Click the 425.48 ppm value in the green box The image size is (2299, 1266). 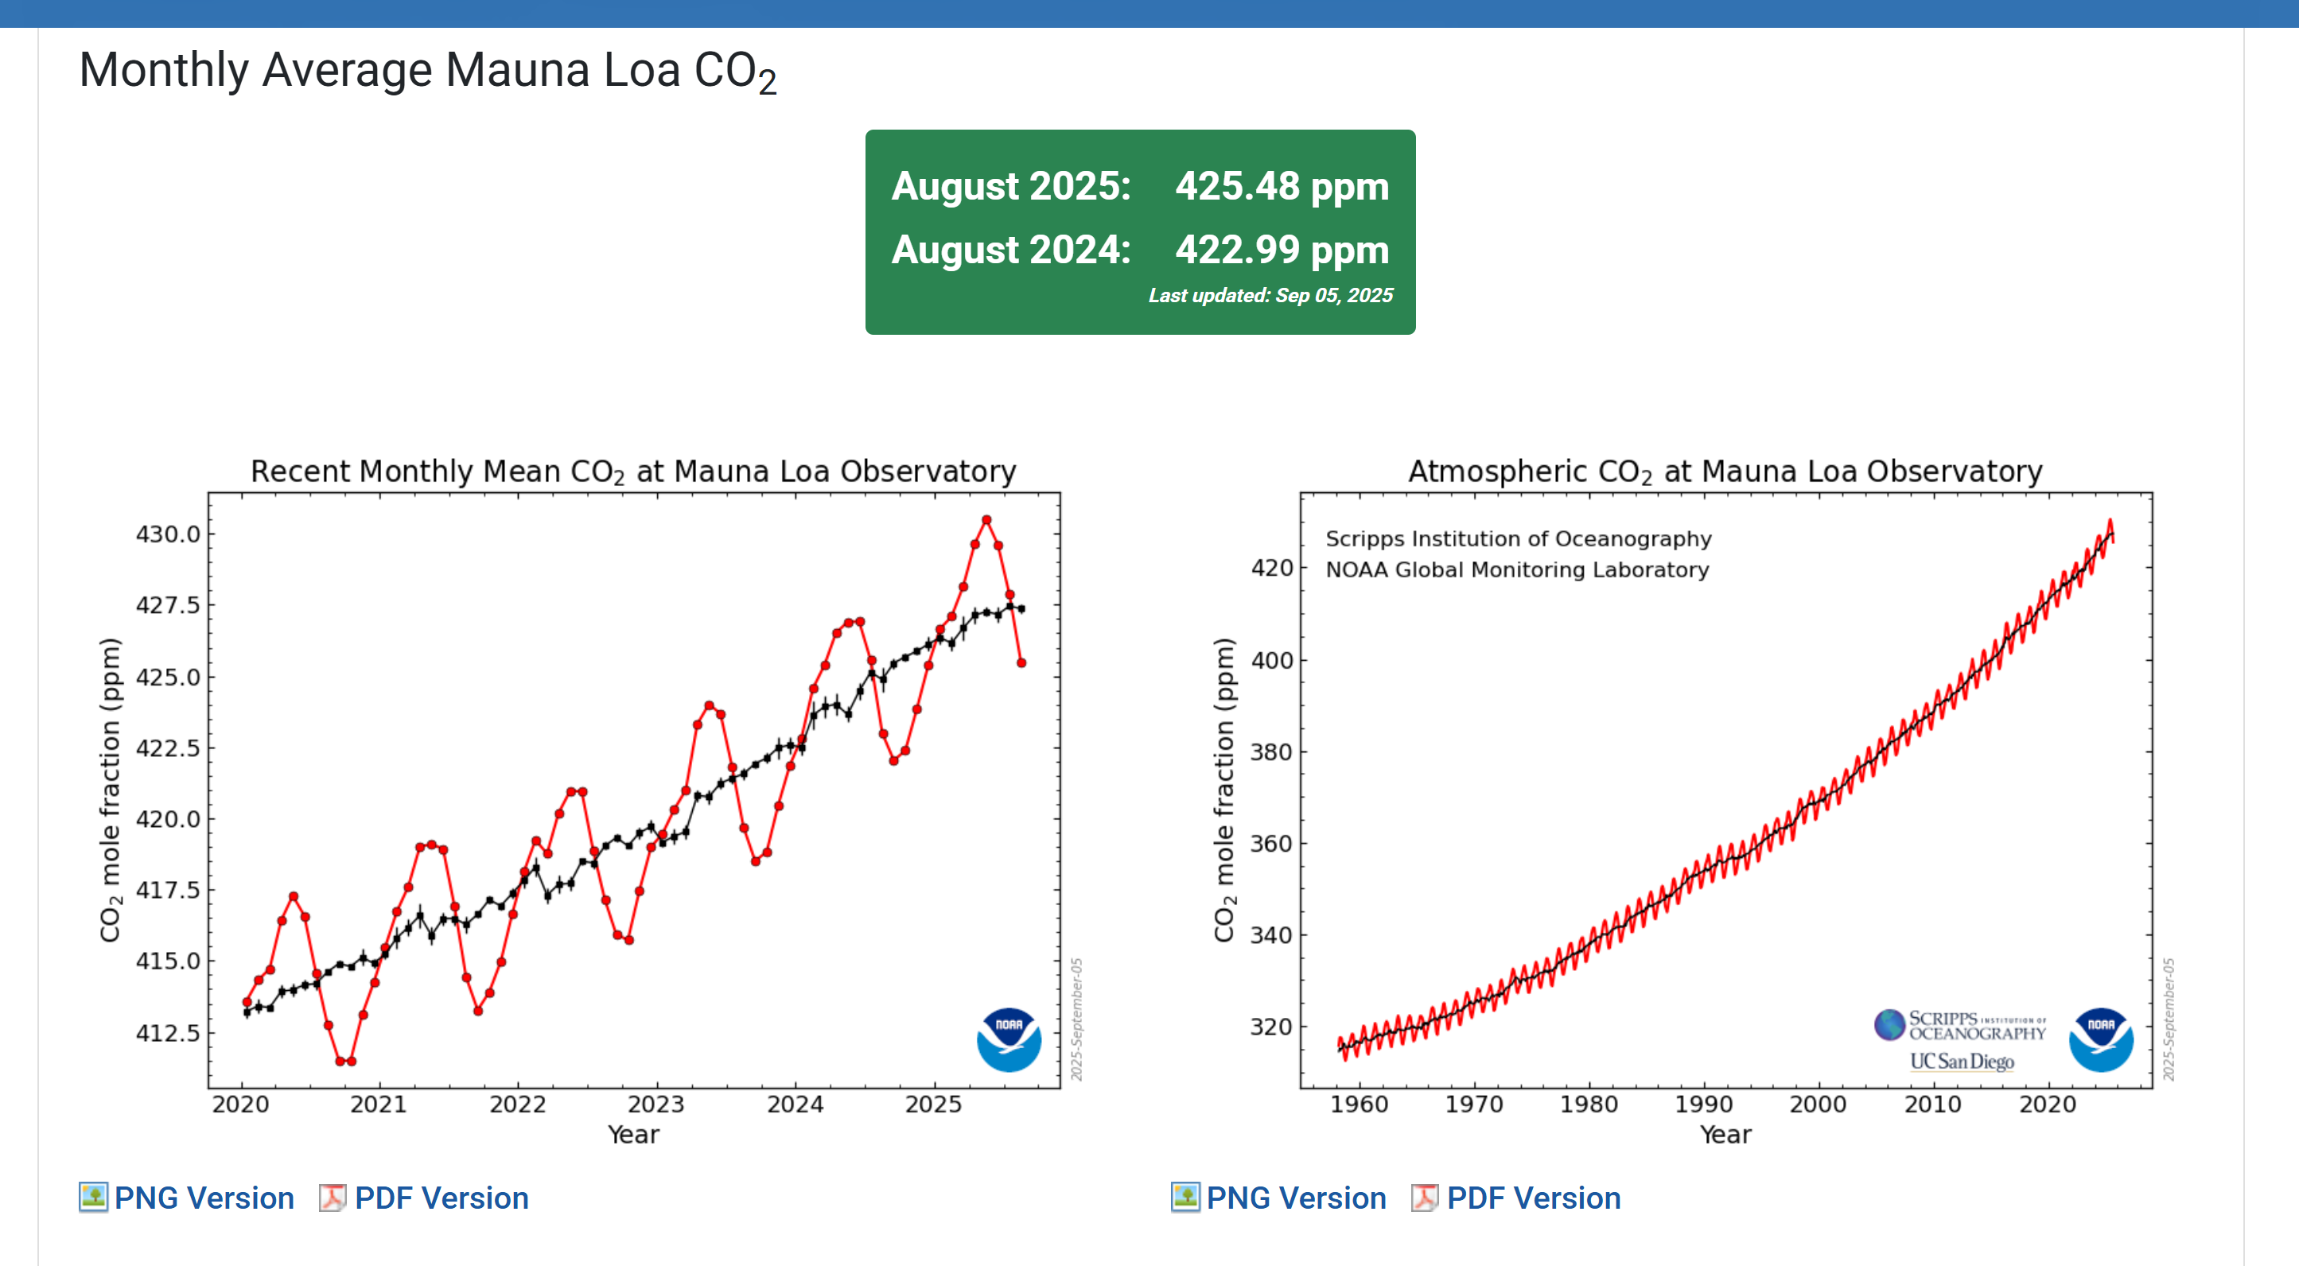point(1281,186)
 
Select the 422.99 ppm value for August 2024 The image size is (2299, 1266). point(1281,250)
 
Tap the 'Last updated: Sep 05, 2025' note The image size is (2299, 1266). point(1269,295)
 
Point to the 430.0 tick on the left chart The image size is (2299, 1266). point(168,534)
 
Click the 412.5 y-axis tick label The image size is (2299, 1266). point(168,1033)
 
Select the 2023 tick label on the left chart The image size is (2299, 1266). point(656,1105)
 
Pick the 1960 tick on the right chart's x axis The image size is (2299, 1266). point(1359,1105)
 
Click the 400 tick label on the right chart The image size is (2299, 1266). point(1271,661)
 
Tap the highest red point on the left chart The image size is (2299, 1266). point(986,520)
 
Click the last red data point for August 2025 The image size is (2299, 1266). point(1021,663)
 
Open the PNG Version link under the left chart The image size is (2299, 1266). point(204,1198)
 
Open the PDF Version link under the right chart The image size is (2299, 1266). point(1532,1198)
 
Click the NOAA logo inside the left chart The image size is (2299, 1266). point(1009,1039)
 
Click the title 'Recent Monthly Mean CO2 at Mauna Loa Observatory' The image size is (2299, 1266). point(632,471)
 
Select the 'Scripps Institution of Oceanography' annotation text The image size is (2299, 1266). point(1518,539)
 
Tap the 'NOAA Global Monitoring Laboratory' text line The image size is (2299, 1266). point(1516,570)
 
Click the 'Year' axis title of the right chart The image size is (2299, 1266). point(1725,1135)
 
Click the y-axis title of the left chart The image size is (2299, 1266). point(110,790)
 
